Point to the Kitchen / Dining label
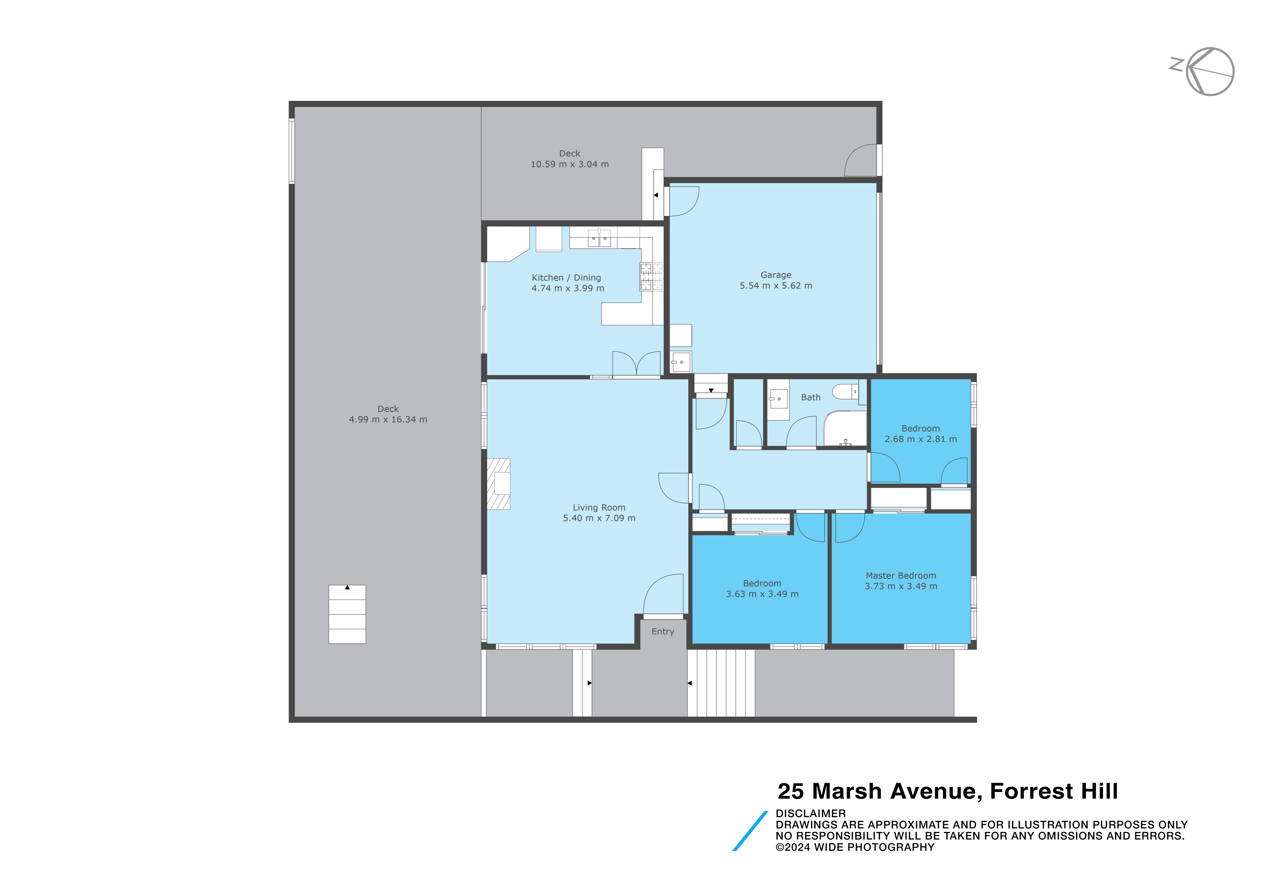coord(566,278)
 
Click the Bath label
coord(810,398)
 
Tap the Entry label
coord(663,632)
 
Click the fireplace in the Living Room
coord(498,483)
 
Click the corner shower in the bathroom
coord(845,428)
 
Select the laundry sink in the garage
coord(681,362)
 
